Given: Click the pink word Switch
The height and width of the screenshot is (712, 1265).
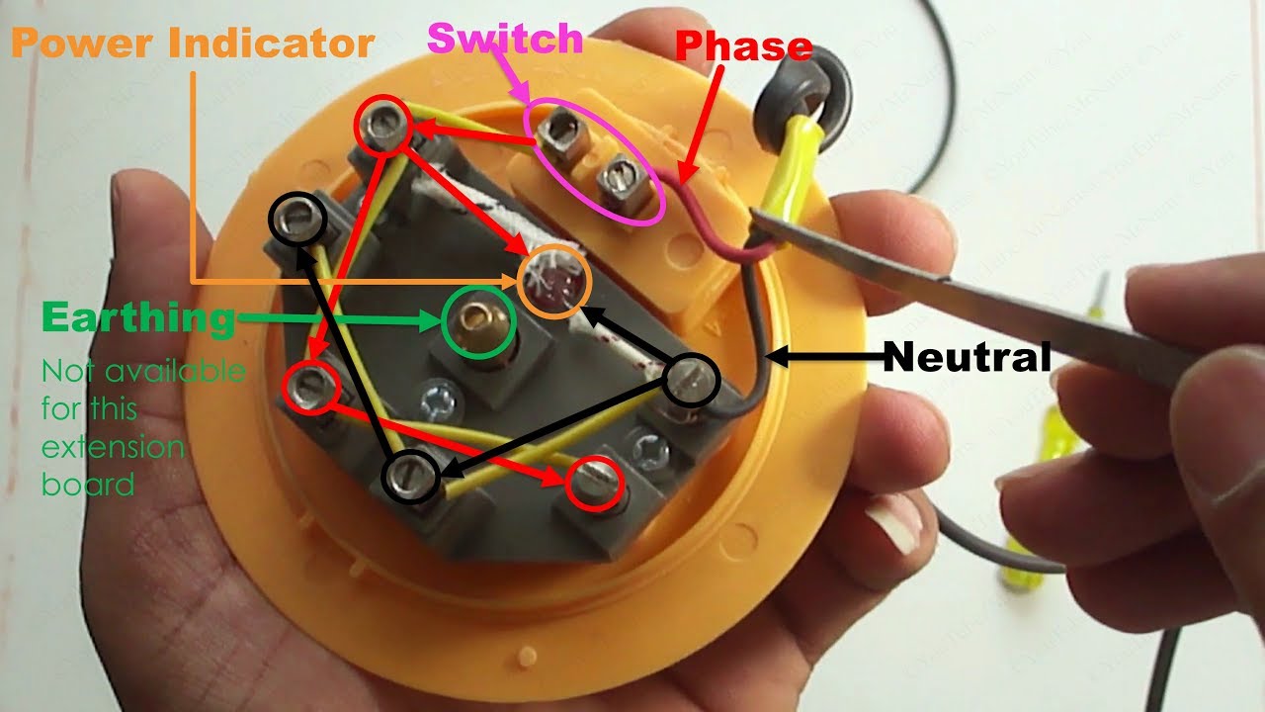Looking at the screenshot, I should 505,39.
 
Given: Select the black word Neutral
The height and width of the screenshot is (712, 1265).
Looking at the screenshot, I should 967,357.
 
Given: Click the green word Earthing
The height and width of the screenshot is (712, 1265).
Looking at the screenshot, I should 137,318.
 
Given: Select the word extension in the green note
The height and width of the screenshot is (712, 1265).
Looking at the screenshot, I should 113,447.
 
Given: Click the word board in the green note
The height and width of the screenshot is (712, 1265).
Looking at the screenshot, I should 88,485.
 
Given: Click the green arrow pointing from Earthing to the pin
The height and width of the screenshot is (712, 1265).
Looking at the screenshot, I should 336,319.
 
